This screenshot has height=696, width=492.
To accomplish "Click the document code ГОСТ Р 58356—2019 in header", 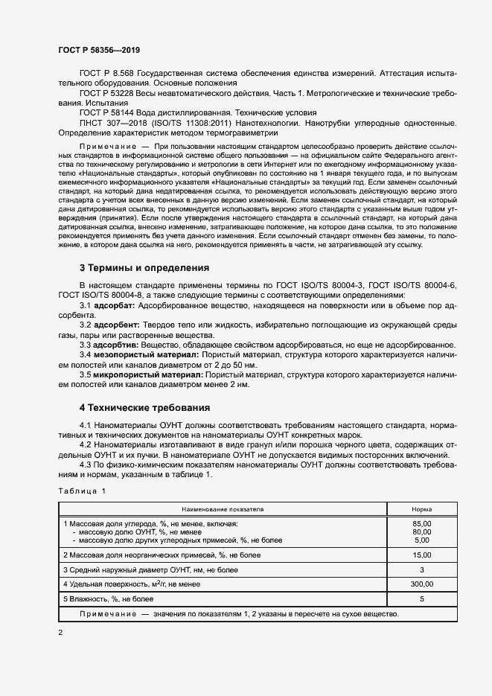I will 99,50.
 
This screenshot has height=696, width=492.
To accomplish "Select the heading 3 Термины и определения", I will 144,267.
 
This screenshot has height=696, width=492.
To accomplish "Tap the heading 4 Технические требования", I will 144,408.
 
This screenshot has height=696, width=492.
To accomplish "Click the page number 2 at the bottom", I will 60,632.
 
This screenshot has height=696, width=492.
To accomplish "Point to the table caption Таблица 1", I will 82,491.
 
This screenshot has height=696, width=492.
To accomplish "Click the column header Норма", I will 421,509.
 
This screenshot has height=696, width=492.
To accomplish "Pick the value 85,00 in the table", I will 421,524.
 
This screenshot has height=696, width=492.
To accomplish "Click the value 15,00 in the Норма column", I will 421,555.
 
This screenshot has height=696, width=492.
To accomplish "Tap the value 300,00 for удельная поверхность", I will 421,584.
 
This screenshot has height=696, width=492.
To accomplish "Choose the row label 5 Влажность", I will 109,598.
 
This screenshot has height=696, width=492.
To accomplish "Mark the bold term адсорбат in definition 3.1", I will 114,306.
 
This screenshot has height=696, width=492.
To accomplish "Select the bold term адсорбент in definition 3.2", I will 116,325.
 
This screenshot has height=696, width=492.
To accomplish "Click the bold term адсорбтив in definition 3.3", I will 116,345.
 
